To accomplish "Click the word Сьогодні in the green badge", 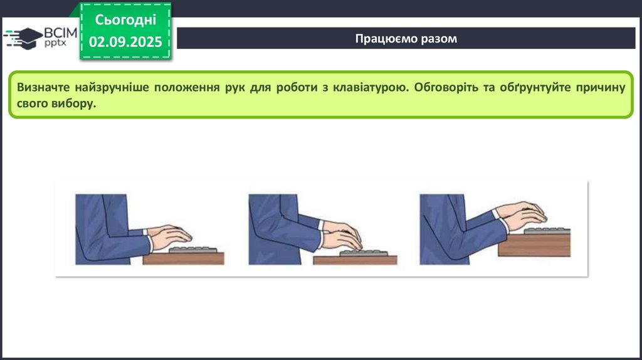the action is coord(125,19).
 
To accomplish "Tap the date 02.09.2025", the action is coord(125,42).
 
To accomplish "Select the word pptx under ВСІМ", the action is coord(55,43).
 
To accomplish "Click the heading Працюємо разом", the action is coord(406,38).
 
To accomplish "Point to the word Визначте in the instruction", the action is coord(43,87).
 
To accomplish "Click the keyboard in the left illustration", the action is coord(193,250).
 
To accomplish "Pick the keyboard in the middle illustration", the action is coord(364,253).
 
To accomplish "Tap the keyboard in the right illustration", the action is coord(547,231).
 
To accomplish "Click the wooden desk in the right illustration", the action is coord(534,245).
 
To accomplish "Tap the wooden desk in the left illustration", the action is coord(184,258).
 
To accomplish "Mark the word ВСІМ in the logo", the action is coord(61,33).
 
